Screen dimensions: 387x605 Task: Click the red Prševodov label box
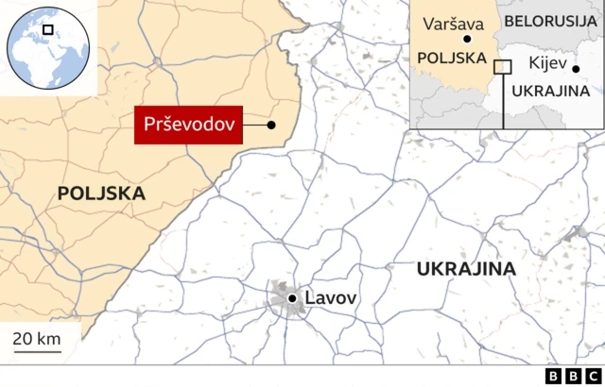pos(187,125)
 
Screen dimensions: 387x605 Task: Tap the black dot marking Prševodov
pos(271,125)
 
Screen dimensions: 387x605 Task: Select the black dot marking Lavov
pos(293,298)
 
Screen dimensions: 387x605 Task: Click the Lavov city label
pos(331,298)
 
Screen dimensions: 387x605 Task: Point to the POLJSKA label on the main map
pos(101,193)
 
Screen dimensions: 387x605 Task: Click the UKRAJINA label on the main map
pos(466,269)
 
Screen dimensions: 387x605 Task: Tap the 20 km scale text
pos(37,339)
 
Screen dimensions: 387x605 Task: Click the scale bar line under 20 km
pos(37,352)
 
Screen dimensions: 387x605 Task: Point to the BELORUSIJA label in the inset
pos(550,20)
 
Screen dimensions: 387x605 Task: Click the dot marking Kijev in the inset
pos(576,68)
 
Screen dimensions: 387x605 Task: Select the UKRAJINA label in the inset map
pos(550,91)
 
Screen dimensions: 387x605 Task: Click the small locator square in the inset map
pos(503,66)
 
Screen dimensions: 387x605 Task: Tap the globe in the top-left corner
pos(47,47)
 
